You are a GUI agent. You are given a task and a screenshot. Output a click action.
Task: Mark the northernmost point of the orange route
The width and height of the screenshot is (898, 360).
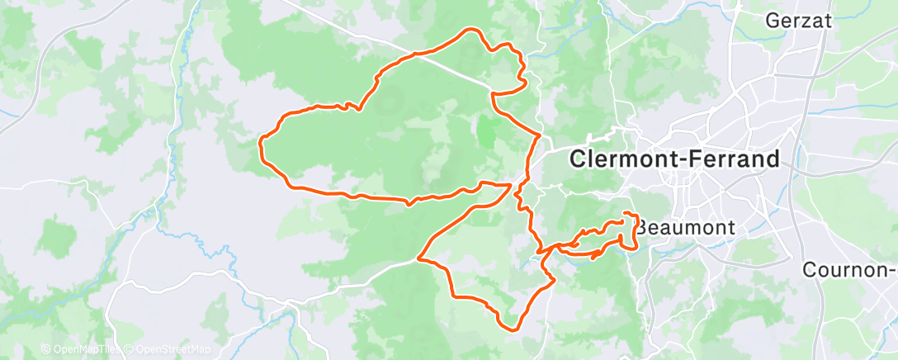[473, 30]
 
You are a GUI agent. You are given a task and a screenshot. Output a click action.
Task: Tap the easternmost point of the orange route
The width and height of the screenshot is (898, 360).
[637, 230]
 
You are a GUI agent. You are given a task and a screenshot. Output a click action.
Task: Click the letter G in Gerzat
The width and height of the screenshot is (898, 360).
[773, 21]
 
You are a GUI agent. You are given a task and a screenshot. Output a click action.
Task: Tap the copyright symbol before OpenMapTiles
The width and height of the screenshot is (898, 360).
[45, 349]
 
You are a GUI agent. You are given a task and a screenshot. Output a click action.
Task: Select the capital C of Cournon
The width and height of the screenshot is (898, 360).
[811, 270]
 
